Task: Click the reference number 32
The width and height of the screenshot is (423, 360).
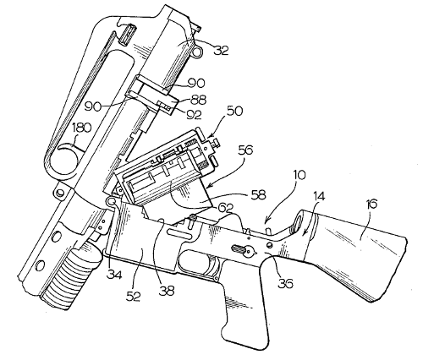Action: [222, 50]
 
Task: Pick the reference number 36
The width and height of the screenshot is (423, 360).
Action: [286, 284]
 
